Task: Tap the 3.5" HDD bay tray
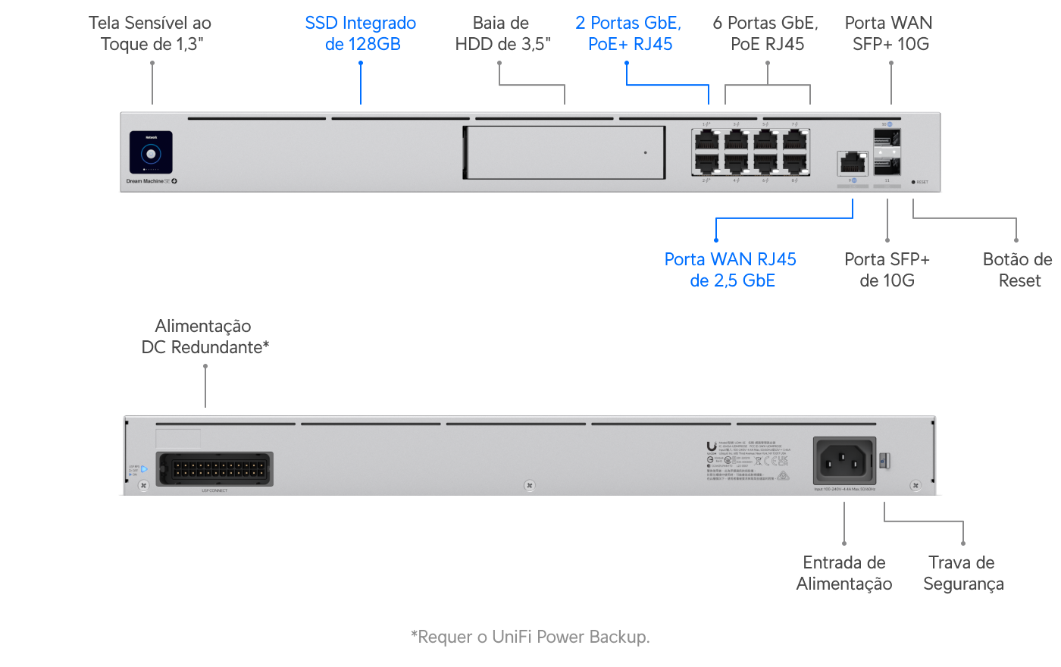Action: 564,152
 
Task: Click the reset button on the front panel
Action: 913,182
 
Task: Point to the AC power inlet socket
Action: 844,460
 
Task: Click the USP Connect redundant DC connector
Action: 214,469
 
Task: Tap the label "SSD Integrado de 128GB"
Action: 361,34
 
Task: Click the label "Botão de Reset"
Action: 1018,270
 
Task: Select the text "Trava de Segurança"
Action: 962,573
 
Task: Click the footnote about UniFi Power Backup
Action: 530,637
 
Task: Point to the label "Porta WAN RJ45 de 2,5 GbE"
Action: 731,270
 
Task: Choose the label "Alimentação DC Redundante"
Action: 205,337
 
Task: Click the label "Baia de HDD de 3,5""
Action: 502,34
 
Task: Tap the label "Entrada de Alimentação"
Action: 844,573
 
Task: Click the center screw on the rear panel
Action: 530,485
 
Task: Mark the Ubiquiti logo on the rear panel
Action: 711,446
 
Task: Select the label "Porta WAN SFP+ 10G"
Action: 889,34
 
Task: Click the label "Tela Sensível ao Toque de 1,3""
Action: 151,34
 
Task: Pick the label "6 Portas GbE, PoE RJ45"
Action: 766,34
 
